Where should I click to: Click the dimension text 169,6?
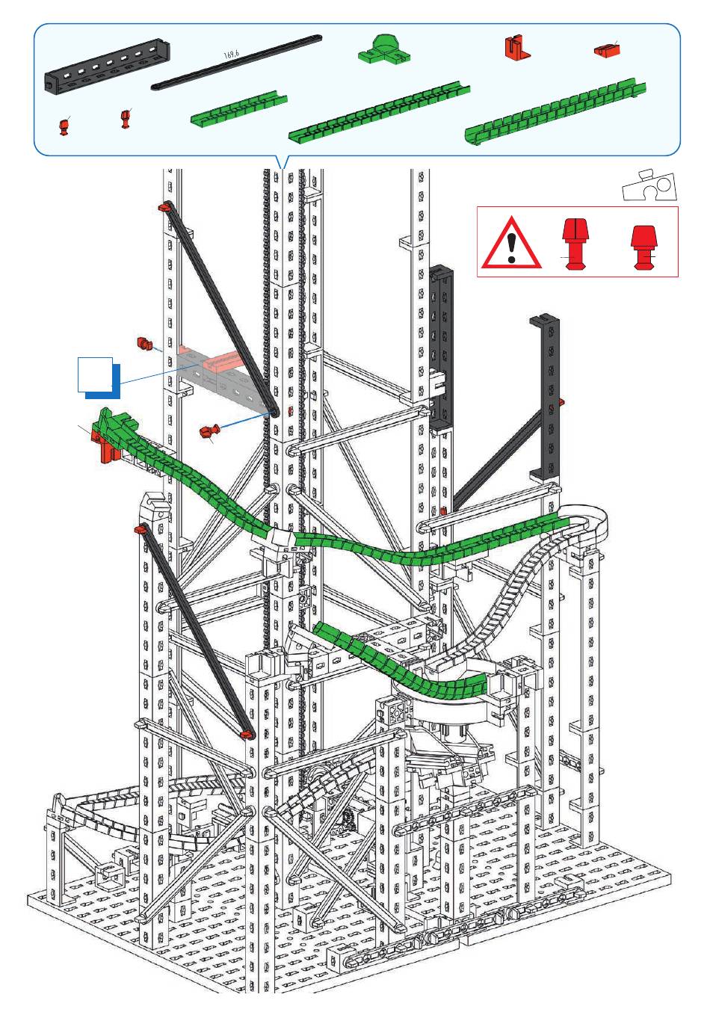pos(232,55)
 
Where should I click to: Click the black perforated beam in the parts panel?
pos(107,65)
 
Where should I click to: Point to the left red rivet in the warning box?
pos(575,244)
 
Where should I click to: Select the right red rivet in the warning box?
pos(643,247)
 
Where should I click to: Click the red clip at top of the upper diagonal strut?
pos(164,207)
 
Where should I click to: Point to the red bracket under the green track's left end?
pos(106,446)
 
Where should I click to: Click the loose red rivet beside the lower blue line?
pos(209,431)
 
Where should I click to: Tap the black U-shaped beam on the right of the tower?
pos(545,397)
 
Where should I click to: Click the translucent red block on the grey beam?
pos(222,361)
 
